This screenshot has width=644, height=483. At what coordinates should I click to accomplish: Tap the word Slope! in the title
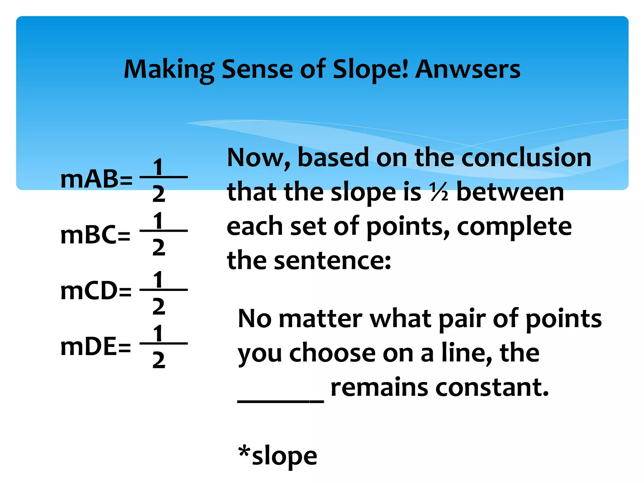(x=371, y=70)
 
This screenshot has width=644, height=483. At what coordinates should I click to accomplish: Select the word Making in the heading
(x=169, y=70)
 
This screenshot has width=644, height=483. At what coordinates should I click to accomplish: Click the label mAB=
(x=96, y=179)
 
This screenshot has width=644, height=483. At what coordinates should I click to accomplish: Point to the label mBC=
(x=95, y=235)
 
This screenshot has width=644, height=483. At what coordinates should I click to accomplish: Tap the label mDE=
(x=96, y=347)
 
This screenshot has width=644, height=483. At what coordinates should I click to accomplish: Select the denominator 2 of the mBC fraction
(x=158, y=247)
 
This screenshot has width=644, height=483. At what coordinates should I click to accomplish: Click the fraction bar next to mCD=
(x=164, y=290)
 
